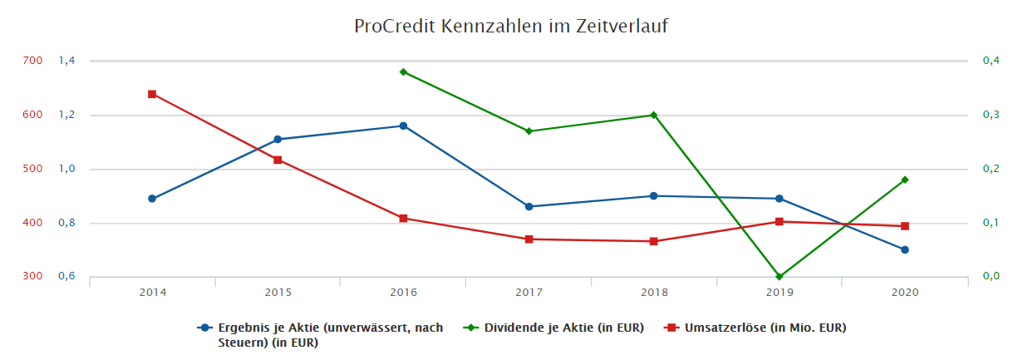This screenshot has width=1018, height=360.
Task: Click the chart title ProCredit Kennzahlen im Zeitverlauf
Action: tap(510, 27)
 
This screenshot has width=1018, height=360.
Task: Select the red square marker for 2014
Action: tap(152, 94)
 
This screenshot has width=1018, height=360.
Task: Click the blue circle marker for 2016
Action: tap(403, 126)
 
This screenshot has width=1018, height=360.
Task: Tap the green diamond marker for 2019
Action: tap(779, 277)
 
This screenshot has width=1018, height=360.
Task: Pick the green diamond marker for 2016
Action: tap(403, 72)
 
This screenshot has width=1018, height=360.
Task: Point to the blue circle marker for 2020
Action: tap(905, 249)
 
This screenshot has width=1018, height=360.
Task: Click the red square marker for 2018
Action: tap(654, 241)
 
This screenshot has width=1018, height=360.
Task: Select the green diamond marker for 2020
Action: tap(905, 180)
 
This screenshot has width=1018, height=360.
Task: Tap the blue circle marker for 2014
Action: tap(152, 199)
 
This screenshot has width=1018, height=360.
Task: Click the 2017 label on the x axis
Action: tap(529, 293)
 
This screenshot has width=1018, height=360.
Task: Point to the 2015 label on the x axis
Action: tap(278, 293)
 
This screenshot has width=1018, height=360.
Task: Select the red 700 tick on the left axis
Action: tap(33, 61)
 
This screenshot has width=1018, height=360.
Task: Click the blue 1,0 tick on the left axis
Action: tap(67, 169)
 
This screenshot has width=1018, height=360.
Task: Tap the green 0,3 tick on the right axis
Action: tap(991, 115)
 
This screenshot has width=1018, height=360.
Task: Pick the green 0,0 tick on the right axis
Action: tap(991, 277)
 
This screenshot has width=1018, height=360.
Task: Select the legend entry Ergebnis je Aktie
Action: tap(329, 334)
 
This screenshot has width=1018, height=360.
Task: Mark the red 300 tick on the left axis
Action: tap(33, 277)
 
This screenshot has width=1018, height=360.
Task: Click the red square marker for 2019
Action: tap(779, 222)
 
